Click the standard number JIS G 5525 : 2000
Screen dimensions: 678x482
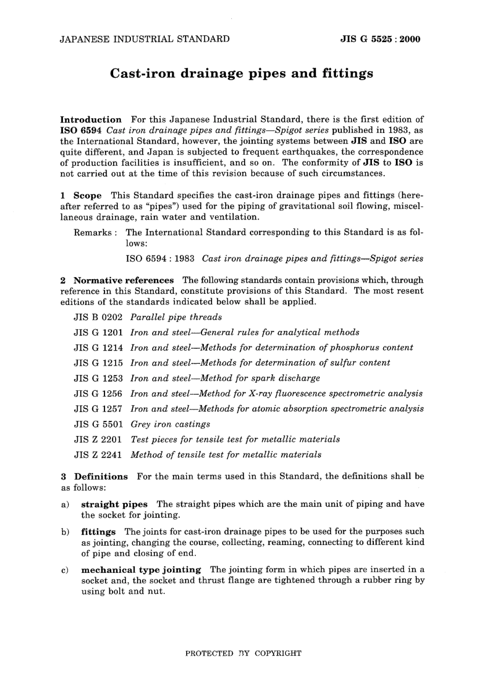[x=380, y=39]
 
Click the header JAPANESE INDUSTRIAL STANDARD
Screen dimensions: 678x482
[x=145, y=39]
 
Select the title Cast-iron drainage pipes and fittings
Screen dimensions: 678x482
[x=242, y=74]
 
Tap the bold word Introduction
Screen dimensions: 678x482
[x=91, y=120]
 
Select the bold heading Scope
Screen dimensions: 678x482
[x=87, y=195]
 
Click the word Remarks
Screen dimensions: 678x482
[x=93, y=232]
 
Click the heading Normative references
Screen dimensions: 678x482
[x=123, y=280]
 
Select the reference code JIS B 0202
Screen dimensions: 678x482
[x=98, y=317]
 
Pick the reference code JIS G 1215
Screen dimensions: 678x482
[x=98, y=363]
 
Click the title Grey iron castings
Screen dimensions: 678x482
[x=170, y=424]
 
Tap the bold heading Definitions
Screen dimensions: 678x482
[x=101, y=477]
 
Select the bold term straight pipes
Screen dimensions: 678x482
[x=114, y=504]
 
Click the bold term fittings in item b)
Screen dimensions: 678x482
[x=98, y=532]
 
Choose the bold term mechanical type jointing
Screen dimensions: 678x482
[x=141, y=570]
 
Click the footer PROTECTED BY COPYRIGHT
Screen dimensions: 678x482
[x=243, y=653]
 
